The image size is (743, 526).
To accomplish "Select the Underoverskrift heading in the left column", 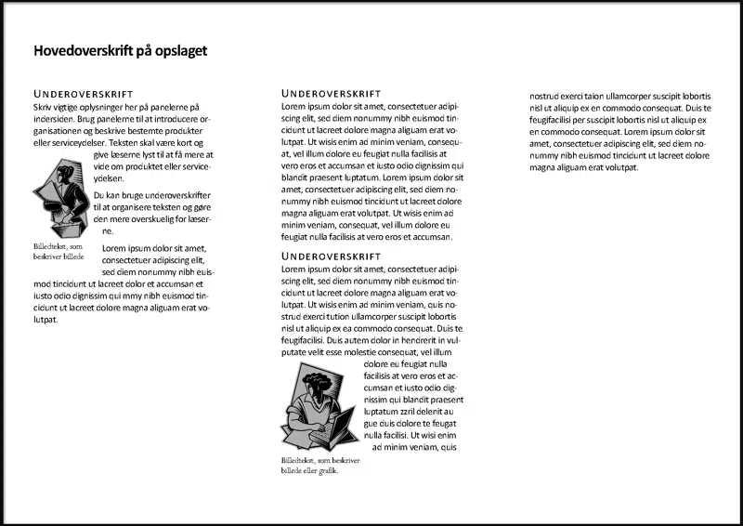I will (84, 95).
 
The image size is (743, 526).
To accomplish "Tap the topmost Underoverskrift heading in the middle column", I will (331, 95).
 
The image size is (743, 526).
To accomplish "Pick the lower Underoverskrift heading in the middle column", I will (331, 256).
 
